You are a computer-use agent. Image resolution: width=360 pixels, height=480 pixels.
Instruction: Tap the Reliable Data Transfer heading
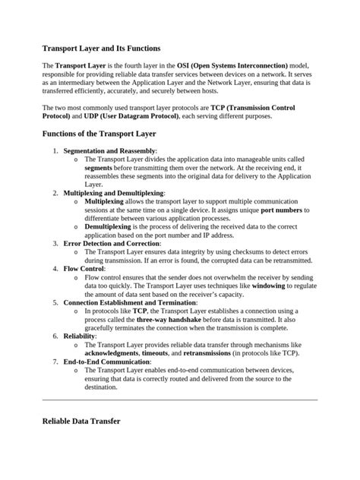(81, 420)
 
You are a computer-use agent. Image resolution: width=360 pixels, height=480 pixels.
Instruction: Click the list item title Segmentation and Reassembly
(109, 151)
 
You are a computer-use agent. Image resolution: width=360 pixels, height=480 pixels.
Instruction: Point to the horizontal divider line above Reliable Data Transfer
(180, 399)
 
